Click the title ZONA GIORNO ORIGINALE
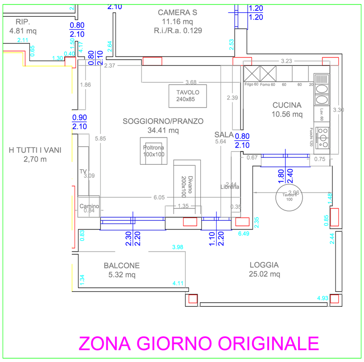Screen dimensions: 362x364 click(x=199, y=343)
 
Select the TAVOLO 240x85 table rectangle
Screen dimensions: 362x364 click(x=188, y=95)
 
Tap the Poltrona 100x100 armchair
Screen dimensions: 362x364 click(x=154, y=151)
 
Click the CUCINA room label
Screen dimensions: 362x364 click(x=287, y=105)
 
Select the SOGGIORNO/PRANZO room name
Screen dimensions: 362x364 click(x=163, y=121)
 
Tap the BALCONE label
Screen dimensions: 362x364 click(x=122, y=266)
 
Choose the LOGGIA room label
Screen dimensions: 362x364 click(x=264, y=265)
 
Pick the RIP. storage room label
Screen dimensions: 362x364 click(x=23, y=22)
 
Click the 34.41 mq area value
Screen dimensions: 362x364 click(x=164, y=131)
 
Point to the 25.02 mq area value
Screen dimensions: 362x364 click(x=265, y=274)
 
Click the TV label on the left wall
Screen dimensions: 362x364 click(x=83, y=171)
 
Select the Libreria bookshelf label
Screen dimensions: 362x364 click(x=229, y=187)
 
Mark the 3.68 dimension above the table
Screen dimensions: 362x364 click(x=191, y=82)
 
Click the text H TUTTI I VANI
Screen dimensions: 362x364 click(x=35, y=150)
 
